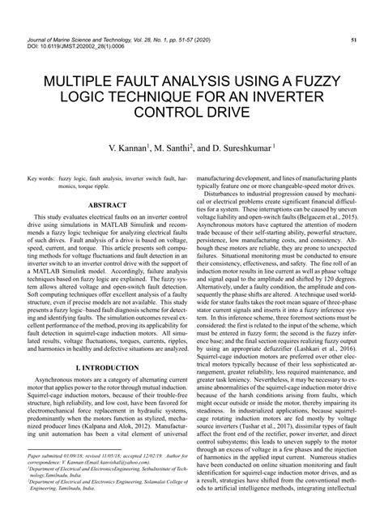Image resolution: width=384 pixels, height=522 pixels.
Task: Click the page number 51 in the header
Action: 355,39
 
